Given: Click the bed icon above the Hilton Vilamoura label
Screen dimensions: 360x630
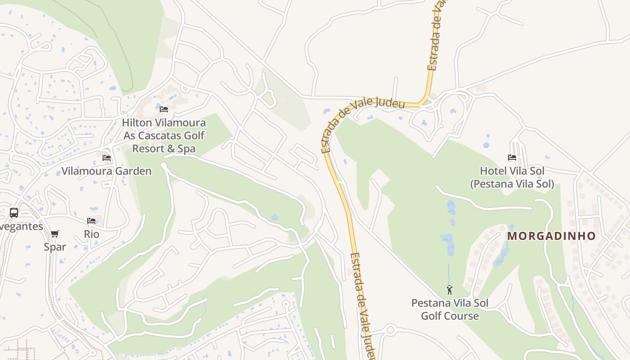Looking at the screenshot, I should click(164, 109).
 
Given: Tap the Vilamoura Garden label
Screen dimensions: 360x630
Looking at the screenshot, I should click(106, 171).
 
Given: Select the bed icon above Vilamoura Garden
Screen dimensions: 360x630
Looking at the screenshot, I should click(107, 158).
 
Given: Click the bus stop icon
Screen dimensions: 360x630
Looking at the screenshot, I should click(14, 213).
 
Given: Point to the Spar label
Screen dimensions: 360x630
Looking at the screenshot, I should click(55, 247).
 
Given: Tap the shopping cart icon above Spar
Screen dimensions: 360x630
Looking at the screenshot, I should click(55, 234).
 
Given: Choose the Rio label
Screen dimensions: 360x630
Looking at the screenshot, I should click(91, 234).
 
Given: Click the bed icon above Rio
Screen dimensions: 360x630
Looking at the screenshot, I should click(91, 221).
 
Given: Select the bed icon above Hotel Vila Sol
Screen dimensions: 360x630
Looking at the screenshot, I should click(512, 157).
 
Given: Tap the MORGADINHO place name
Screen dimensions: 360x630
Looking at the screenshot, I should click(551, 236).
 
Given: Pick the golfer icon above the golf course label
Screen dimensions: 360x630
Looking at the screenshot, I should click(450, 290).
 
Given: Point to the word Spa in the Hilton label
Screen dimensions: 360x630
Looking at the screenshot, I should click(186, 148).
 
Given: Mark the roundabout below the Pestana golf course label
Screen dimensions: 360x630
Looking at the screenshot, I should click(390, 330).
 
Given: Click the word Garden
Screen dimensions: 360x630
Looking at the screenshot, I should click(133, 171).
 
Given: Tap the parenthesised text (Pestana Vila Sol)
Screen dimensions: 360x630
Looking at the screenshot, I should click(512, 184).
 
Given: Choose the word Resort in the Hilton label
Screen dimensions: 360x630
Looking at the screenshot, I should click(148, 148).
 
